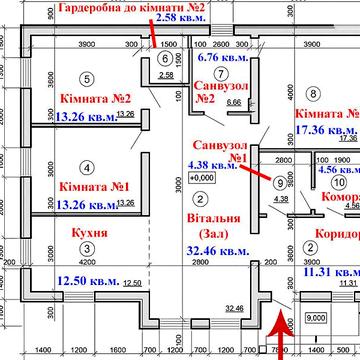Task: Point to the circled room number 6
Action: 166,58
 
